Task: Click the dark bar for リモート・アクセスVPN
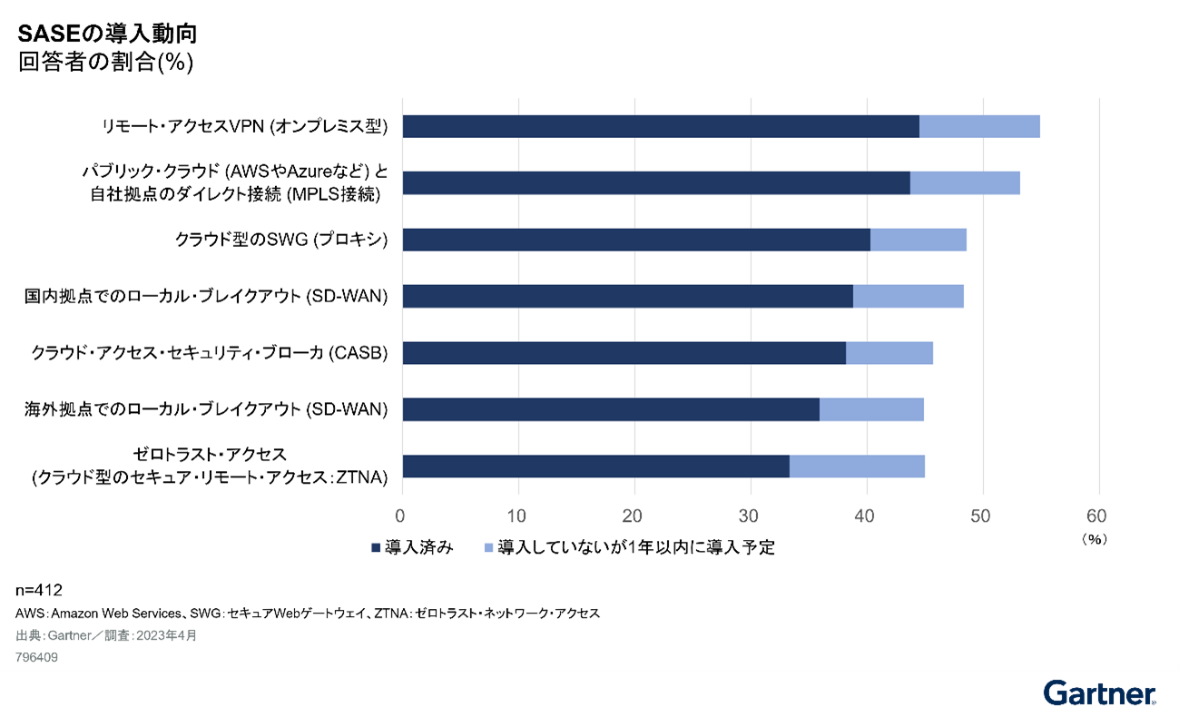coord(661,126)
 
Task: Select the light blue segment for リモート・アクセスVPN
coord(979,126)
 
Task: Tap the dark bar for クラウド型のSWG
coord(636,240)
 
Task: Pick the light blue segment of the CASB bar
coord(889,353)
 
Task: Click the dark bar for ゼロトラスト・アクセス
coord(595,467)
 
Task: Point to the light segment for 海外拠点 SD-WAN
coord(871,409)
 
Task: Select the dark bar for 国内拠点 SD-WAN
coord(627,296)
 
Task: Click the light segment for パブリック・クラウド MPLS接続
coord(965,182)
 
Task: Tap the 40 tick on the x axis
coord(867,516)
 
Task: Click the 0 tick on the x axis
coord(402,516)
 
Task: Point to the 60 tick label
coord(1096,516)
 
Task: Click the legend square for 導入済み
coord(376,547)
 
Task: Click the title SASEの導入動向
coord(107,34)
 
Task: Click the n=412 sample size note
coord(39,591)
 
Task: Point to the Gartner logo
coord(1099,693)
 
